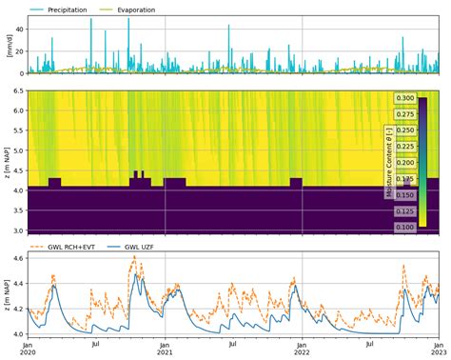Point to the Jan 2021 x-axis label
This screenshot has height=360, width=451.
(x=165, y=349)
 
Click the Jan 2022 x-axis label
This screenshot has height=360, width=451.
(x=302, y=349)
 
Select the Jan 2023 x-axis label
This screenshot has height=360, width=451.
(x=438, y=349)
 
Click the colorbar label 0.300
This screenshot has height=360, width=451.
(x=404, y=98)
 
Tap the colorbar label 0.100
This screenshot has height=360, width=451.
(x=404, y=228)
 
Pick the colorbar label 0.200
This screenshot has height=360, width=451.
(x=404, y=163)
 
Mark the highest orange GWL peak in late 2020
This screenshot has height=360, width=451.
(x=134, y=256)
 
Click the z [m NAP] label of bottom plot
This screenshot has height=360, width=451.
(x=8, y=295)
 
